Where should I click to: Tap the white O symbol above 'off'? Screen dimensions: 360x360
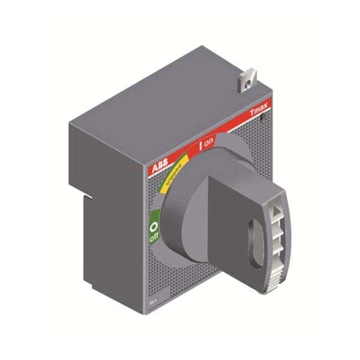[x=154, y=227]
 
